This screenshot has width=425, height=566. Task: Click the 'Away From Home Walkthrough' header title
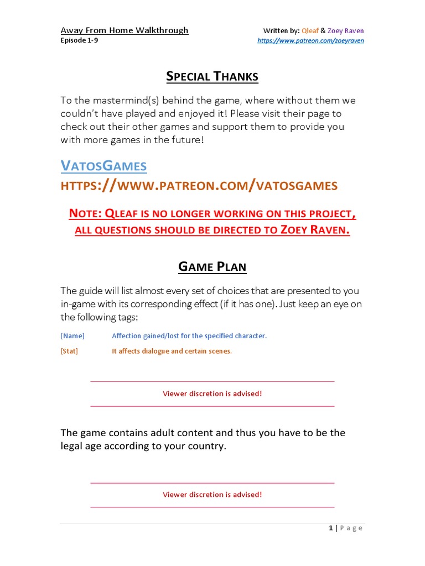coord(125,30)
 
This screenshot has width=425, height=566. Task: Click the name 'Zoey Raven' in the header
coord(346,31)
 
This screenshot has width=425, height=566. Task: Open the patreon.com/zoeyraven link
coord(311,41)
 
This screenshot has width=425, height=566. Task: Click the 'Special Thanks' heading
coord(212,77)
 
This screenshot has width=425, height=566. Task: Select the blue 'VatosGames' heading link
coord(103,165)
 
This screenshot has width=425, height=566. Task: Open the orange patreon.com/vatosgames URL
coord(199,185)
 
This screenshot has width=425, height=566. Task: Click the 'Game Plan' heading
coord(212,267)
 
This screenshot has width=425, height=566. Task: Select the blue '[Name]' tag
coord(72,336)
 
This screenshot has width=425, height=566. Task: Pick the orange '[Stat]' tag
coord(69,351)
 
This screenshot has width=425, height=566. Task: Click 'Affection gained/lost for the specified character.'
coord(189,336)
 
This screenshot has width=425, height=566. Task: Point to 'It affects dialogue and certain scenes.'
coord(172,351)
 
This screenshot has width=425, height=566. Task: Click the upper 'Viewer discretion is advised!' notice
coord(212,394)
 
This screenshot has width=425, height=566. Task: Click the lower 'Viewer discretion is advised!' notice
coord(212,495)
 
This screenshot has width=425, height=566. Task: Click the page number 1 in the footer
coord(331,528)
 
